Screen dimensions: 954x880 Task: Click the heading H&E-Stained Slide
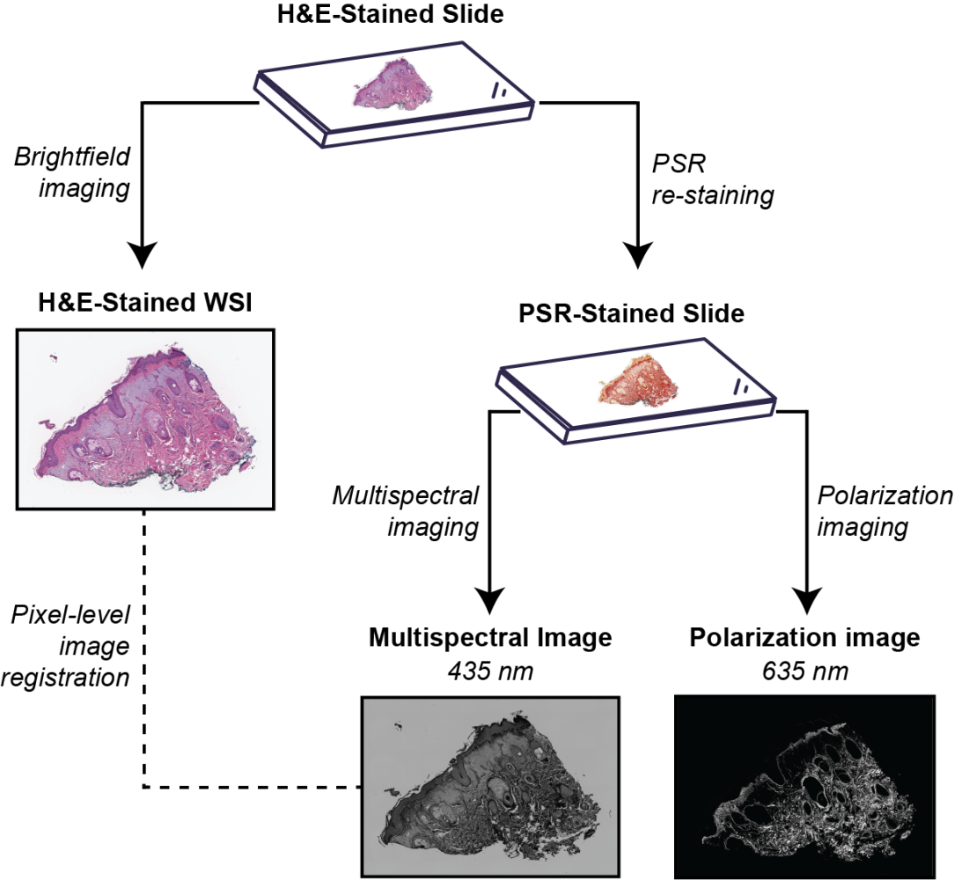[x=391, y=14]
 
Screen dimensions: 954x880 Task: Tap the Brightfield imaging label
[x=72, y=172]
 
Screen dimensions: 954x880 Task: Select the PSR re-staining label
[x=713, y=180]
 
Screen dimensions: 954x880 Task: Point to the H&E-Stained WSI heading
[x=145, y=303]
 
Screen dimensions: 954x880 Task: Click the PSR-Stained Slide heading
[x=632, y=313]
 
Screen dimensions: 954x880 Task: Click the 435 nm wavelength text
[x=490, y=671]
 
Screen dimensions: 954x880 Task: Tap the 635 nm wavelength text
[x=805, y=671]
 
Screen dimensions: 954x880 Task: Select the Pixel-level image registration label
[x=66, y=646]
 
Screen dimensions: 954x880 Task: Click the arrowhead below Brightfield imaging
[x=142, y=254]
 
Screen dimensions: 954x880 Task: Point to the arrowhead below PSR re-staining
[x=637, y=254]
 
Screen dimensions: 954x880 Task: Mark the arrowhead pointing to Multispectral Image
[x=489, y=601]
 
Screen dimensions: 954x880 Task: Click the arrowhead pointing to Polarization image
[x=806, y=601]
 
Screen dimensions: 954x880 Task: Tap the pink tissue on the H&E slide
[x=393, y=88]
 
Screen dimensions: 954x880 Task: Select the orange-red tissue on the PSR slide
[x=639, y=382]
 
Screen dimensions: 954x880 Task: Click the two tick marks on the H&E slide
[x=500, y=91]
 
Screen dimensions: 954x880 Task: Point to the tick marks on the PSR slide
[x=742, y=387]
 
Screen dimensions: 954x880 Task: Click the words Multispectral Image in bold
[x=490, y=638]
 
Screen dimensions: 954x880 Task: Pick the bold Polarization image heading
[x=805, y=638]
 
